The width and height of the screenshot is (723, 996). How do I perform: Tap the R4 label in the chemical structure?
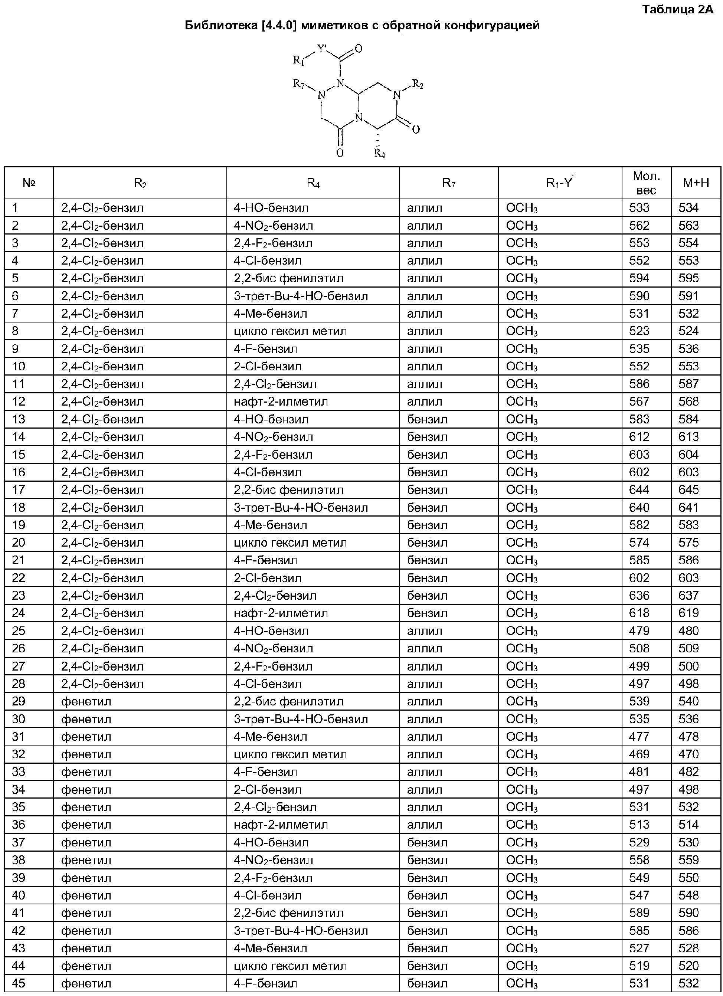click(380, 153)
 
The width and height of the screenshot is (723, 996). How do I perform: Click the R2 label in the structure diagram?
click(418, 84)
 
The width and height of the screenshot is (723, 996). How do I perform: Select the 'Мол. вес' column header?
click(646, 183)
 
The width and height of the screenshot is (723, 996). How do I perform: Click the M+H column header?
click(696, 183)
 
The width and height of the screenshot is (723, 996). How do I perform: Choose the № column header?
click(29, 183)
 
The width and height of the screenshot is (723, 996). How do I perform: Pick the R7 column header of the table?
click(448, 183)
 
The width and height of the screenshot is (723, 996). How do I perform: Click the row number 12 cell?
click(19, 402)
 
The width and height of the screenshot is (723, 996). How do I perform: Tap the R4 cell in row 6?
click(300, 296)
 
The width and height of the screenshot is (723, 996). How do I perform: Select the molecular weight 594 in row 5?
click(639, 278)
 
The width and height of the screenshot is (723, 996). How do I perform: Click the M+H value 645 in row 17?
click(688, 490)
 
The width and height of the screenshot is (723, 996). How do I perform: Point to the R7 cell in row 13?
click(427, 419)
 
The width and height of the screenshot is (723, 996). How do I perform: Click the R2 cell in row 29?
click(86, 701)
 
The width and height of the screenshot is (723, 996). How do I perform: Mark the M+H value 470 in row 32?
click(688, 754)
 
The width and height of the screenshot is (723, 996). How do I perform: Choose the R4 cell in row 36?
click(281, 825)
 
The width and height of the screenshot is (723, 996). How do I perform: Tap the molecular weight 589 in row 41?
click(639, 913)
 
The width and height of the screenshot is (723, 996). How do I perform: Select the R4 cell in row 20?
click(290, 543)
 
